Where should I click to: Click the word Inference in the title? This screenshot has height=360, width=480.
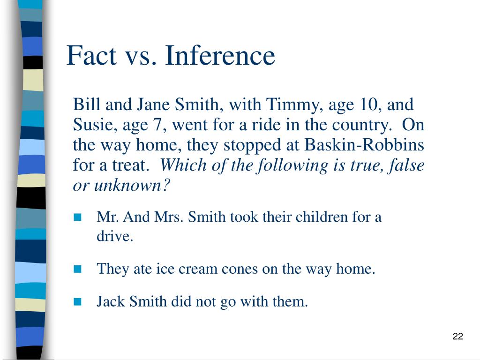pos(220,56)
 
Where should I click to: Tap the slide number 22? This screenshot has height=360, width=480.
pos(458,336)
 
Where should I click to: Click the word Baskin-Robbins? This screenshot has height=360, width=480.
pos(365,145)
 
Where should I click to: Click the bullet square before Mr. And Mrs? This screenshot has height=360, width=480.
pos(77,217)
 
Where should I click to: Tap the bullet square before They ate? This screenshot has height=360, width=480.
pos(77,269)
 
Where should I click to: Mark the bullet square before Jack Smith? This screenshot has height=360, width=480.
pos(77,301)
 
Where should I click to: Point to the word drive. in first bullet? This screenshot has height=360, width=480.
pos(115,236)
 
